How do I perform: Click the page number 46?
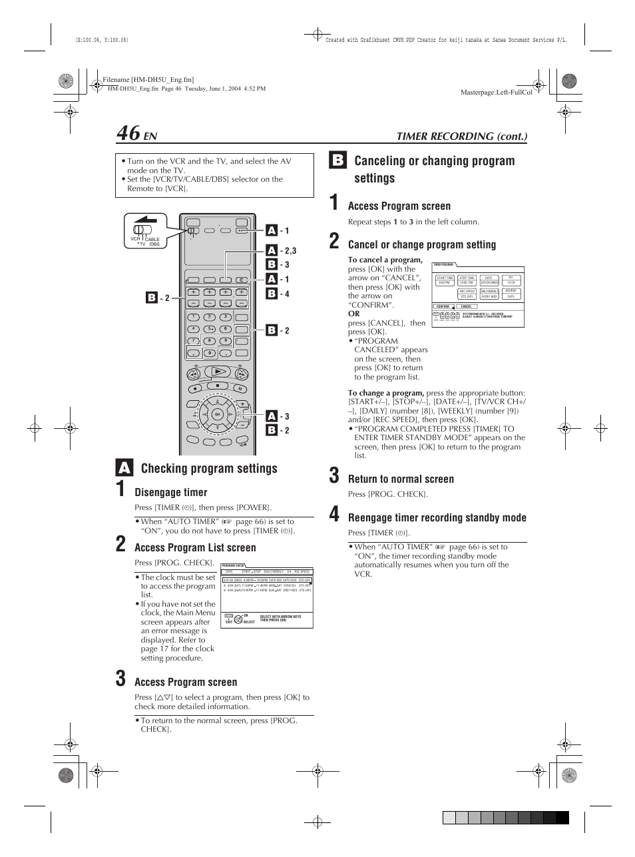coord(128,133)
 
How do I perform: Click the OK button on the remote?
coord(217,414)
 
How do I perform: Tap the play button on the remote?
coord(217,372)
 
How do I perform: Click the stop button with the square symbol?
coord(217,386)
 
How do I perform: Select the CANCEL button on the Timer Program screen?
coord(467,306)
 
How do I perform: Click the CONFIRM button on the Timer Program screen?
coord(443,306)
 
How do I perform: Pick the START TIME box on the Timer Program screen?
coord(445,280)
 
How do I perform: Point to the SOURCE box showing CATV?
coord(511,294)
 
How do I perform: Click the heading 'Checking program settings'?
coord(209,469)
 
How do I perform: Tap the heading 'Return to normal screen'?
coord(401,479)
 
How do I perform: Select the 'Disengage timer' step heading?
coord(171,493)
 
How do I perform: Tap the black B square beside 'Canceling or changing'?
coord(337,160)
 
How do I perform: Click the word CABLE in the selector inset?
coord(152,239)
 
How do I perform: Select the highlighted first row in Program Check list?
coord(267,580)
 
